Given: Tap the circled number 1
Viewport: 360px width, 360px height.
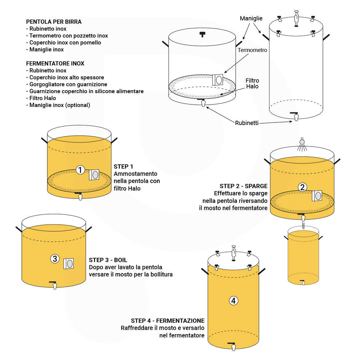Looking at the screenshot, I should point(81,169).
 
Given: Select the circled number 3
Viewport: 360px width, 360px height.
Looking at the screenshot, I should point(54,259).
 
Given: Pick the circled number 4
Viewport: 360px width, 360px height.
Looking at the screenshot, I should point(233,300).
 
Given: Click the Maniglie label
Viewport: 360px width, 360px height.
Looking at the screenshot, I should point(251,18).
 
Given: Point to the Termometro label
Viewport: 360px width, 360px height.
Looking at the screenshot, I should point(252,50).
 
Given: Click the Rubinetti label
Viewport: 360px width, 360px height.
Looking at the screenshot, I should point(247,123).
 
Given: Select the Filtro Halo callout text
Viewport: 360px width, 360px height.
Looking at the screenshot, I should point(252,83).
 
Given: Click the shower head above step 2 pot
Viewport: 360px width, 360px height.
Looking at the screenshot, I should point(301,143).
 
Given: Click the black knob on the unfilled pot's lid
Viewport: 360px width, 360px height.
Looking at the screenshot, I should point(202,35).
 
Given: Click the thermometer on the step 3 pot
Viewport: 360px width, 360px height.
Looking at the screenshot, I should point(69,263).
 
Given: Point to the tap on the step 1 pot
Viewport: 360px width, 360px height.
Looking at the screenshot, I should point(80,196).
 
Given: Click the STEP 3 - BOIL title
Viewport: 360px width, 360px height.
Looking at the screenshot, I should point(108,260).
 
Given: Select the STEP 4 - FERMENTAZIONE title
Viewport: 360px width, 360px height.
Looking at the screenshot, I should point(167,321).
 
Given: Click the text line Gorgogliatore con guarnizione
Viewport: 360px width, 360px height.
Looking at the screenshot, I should point(67,84).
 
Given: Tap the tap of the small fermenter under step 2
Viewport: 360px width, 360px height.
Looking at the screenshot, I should point(302,282).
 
